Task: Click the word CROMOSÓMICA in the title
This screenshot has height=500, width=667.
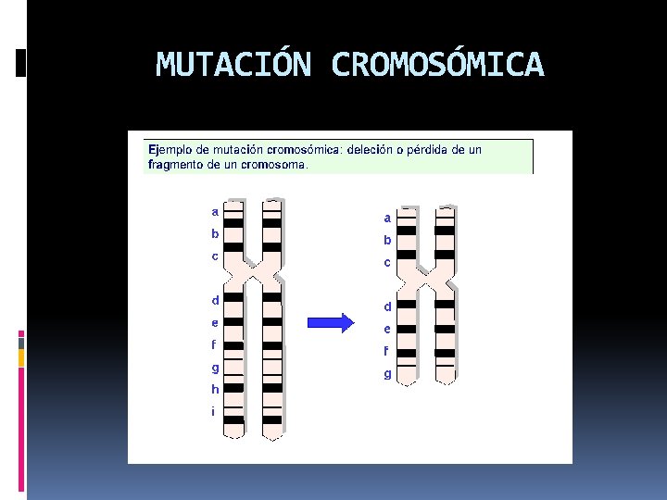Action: click(437, 66)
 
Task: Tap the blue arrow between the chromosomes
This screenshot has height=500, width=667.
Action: click(331, 323)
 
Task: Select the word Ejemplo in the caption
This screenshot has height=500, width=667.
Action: click(171, 149)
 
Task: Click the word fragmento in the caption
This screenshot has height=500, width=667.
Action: click(177, 165)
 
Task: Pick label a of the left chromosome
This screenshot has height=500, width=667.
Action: click(215, 212)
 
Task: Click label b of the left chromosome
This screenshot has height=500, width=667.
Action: click(215, 234)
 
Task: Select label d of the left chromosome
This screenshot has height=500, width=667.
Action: click(215, 300)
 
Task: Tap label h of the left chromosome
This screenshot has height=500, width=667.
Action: click(215, 390)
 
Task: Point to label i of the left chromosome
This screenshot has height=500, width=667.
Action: click(213, 411)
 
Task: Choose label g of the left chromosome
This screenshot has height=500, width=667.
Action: click(215, 368)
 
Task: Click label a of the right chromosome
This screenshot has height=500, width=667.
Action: click(387, 219)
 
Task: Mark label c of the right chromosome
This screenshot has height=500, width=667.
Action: click(387, 263)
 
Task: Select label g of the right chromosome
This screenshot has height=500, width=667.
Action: click(387, 375)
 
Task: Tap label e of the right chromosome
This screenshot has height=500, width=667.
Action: click(387, 330)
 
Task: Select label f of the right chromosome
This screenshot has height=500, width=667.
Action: click(387, 352)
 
